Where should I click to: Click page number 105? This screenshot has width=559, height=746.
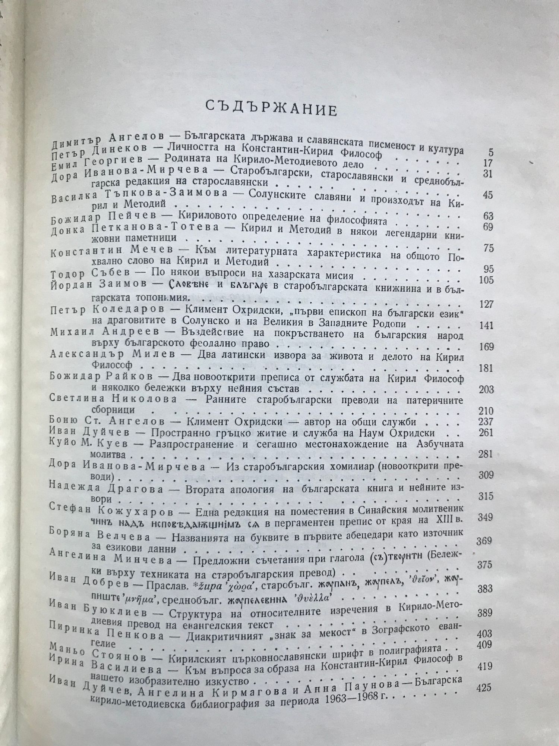[x=486, y=280]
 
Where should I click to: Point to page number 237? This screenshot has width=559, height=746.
[x=484, y=422]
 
